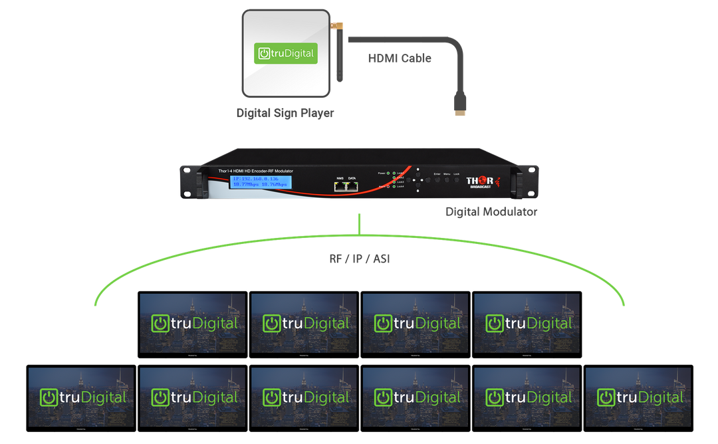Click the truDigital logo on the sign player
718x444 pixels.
coord(287,53)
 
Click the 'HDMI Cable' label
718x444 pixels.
coord(400,58)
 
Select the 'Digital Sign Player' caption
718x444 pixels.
coord(285,113)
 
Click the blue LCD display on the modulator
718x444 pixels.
coord(260,183)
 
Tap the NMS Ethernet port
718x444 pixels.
coord(340,187)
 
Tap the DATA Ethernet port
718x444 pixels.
coord(352,187)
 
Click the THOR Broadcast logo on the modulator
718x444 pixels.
coord(481,182)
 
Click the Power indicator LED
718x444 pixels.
coord(388,173)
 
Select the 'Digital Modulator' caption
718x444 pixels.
coord(491,212)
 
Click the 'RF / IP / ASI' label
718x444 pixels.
coord(360,259)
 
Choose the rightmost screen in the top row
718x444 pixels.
coord(527,323)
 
